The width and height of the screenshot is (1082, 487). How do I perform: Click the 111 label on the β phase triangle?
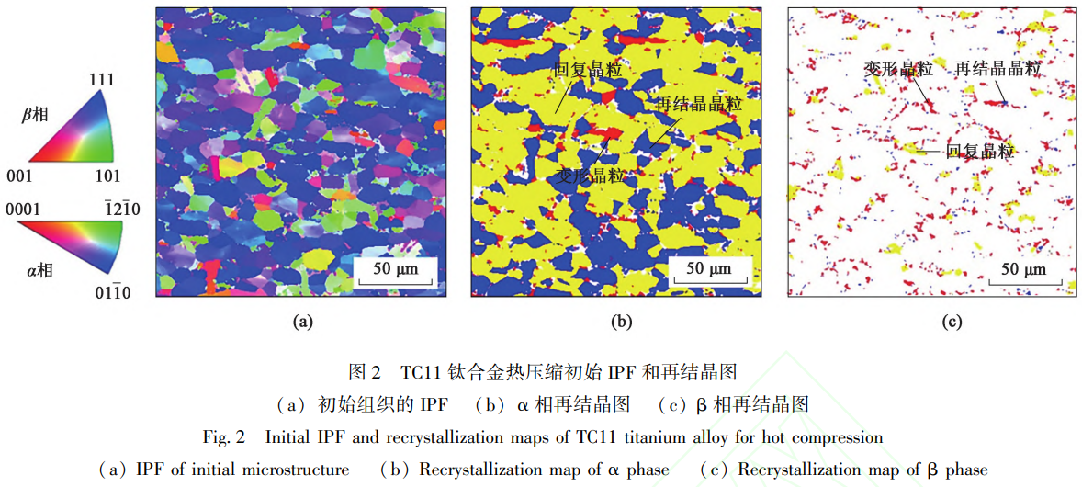(x=101, y=80)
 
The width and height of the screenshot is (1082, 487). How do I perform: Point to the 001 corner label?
(x=19, y=175)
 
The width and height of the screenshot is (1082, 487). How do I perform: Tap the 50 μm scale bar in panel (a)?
(x=396, y=268)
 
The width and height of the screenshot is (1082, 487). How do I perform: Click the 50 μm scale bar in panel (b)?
(x=709, y=268)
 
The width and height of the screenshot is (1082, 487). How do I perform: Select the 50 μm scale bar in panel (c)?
(x=1022, y=270)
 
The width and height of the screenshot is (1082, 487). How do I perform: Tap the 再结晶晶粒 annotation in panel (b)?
(x=698, y=105)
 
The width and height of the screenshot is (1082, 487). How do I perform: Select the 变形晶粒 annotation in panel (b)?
(x=592, y=176)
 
